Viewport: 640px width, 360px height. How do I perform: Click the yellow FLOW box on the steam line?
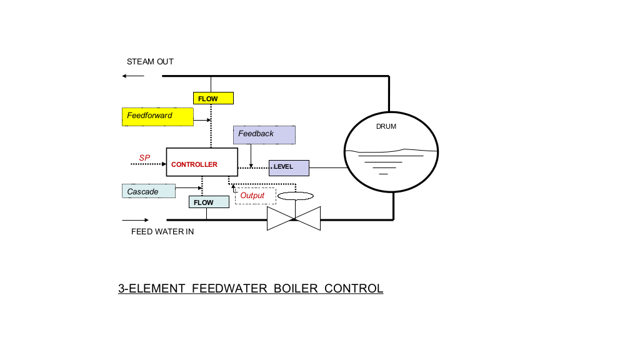213,98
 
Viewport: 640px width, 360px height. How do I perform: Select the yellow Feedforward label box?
157,116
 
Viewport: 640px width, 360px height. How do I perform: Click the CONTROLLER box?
202,162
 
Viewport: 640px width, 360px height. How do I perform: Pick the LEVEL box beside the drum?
289,167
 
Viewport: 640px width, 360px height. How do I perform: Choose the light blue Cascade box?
149,191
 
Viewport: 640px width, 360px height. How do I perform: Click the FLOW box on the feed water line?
209,202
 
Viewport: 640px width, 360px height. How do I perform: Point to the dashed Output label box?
255,196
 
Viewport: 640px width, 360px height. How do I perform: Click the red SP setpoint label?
144,158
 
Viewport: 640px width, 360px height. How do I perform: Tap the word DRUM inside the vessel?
386,126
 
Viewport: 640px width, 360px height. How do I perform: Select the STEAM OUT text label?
150,62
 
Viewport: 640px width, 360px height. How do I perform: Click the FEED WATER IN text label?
162,232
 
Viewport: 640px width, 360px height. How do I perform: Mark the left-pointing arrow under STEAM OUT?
133,76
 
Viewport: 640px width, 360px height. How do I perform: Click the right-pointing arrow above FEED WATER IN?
136,220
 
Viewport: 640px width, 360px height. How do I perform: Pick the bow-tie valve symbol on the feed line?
294,219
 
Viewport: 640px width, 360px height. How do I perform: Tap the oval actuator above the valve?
294,196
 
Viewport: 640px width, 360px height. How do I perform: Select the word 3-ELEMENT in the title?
152,289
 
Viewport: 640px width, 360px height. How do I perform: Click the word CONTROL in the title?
354,289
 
